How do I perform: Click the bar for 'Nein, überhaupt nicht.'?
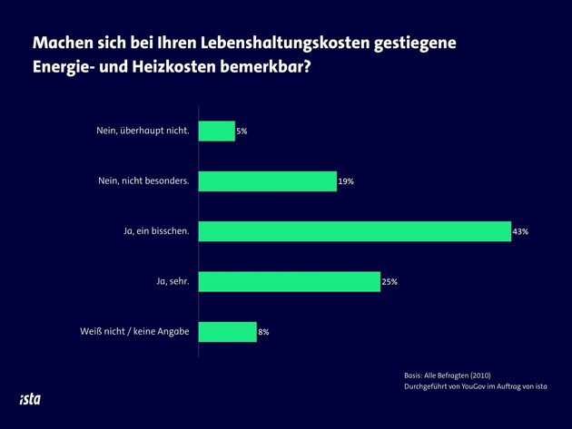(x=216, y=131)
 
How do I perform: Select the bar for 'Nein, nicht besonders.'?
(x=267, y=180)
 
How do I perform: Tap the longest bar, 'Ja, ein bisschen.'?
(x=354, y=231)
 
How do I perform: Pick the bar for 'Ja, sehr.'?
(x=289, y=281)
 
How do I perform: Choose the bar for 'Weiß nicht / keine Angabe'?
(x=227, y=332)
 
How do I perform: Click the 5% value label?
(x=242, y=132)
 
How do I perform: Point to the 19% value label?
(x=345, y=181)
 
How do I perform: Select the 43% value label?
(x=520, y=232)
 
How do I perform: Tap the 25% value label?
(x=389, y=282)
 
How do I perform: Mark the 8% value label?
(x=263, y=333)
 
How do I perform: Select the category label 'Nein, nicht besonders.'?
(x=143, y=180)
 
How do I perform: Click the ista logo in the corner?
(x=30, y=398)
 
